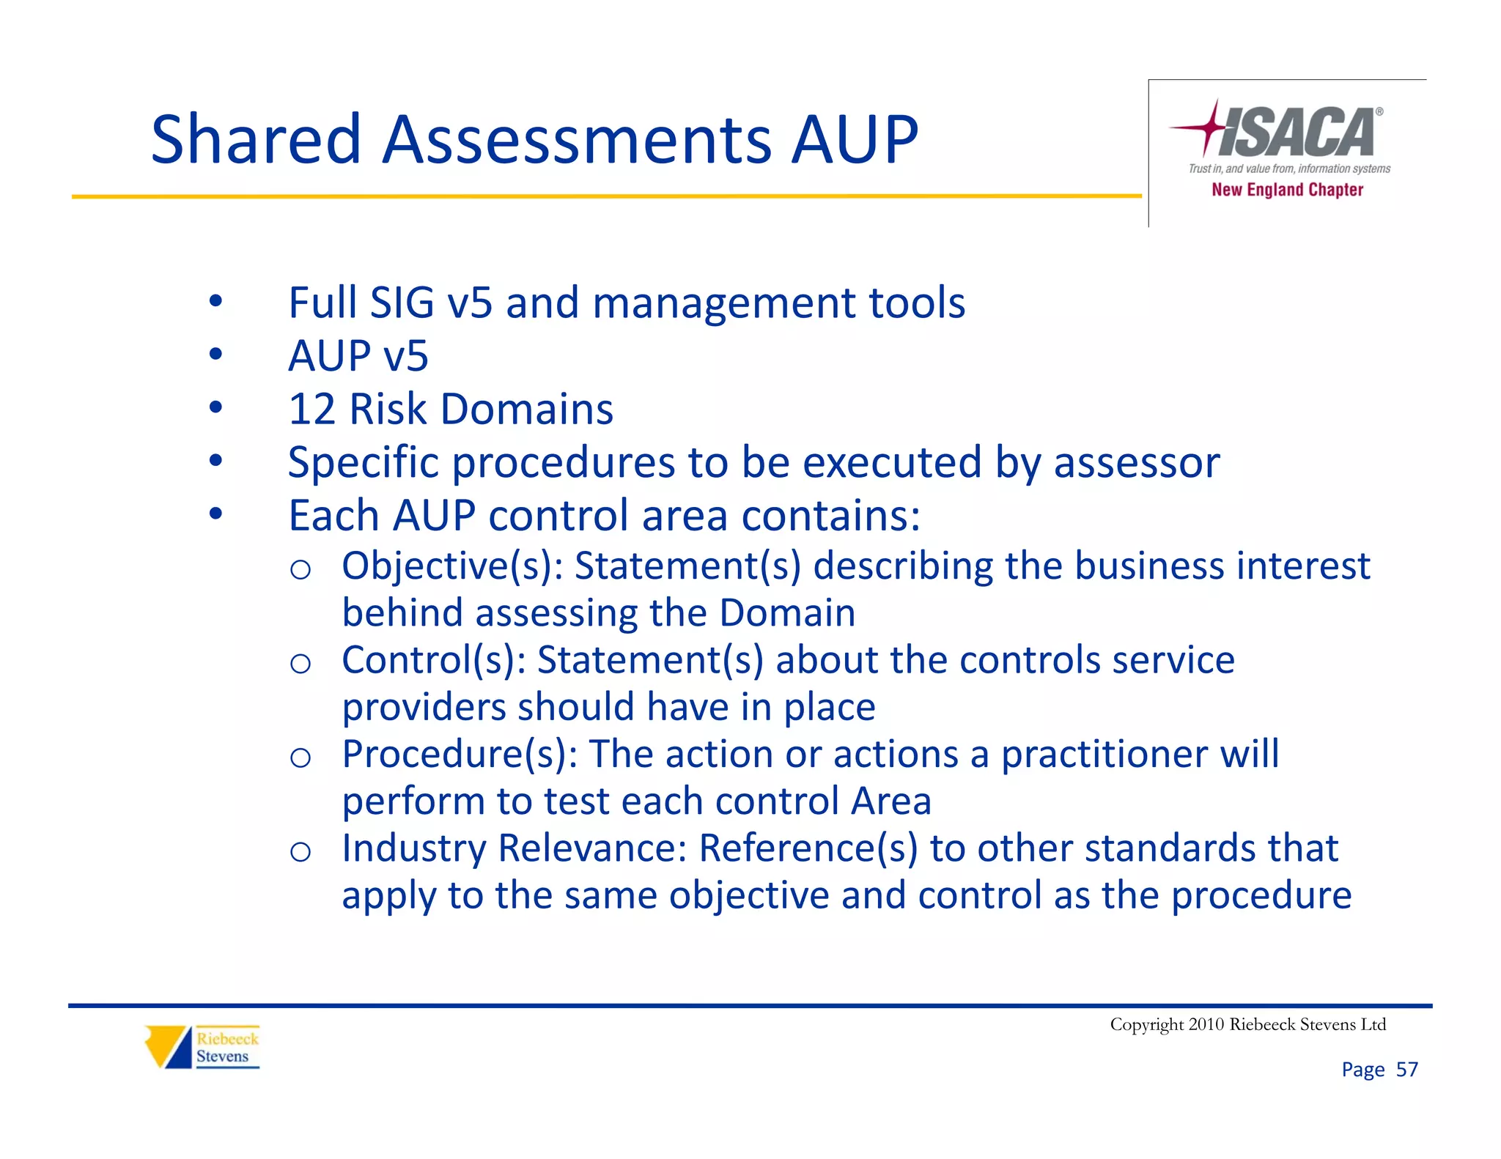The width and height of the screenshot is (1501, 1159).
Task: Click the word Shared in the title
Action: point(256,139)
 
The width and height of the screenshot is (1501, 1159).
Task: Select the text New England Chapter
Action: point(1287,190)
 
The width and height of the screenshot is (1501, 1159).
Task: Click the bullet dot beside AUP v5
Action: point(215,355)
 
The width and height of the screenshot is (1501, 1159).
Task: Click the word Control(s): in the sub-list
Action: point(434,660)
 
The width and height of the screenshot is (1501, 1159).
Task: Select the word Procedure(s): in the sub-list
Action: point(460,754)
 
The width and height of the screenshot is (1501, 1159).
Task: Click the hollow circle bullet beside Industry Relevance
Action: point(300,852)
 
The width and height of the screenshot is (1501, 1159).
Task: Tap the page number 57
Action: point(1406,1070)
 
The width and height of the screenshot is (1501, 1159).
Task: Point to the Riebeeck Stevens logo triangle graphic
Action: point(168,1046)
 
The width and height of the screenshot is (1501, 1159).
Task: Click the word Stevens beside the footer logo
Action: point(222,1056)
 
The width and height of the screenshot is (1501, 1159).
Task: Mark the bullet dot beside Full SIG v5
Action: point(215,301)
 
